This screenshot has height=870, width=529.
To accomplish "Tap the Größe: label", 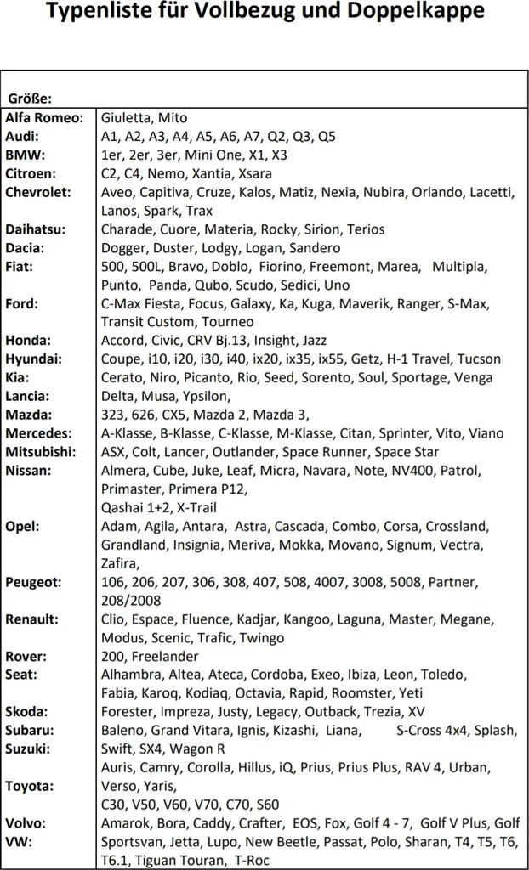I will [31, 99].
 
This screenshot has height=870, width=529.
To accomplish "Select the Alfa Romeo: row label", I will [44, 117].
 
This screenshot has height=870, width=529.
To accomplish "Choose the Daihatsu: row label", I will [36, 229].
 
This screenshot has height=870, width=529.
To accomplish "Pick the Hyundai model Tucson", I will [479, 359].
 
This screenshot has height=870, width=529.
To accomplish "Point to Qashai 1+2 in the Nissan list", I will [134, 507].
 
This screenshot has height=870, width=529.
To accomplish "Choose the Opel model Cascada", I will [299, 526].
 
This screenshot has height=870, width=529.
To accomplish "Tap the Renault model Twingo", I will [262, 637].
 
